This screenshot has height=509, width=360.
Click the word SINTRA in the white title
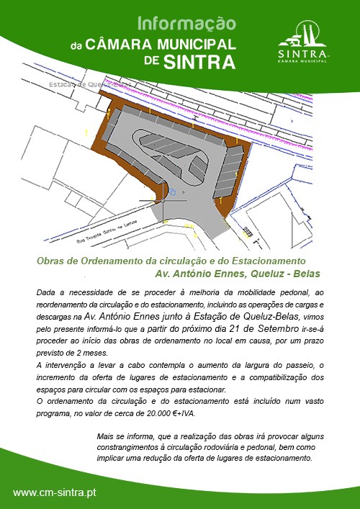pyautogui.click(x=199, y=62)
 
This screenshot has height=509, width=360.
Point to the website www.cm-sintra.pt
pyautogui.click(x=55, y=492)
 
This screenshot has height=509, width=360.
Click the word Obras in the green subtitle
pyautogui.click(x=51, y=261)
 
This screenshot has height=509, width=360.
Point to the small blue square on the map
pyautogui.click(x=173, y=192)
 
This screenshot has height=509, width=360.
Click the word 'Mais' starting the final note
pyautogui.click(x=106, y=437)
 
